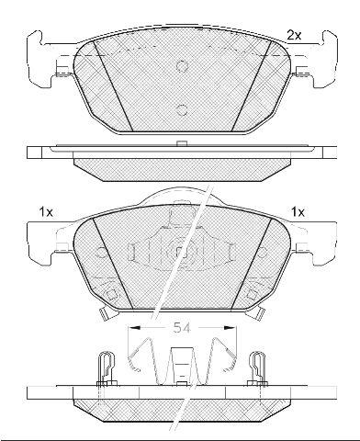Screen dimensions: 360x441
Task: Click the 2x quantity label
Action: click(x=294, y=36)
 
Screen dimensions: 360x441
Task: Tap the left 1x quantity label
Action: click(x=46, y=212)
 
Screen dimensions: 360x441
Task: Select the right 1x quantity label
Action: click(x=298, y=212)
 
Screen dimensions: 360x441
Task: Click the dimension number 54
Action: click(x=182, y=328)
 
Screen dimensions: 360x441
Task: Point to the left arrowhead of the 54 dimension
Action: click(x=134, y=328)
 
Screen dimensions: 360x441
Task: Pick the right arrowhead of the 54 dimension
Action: click(x=231, y=328)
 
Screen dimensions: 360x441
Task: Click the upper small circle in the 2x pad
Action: click(x=182, y=66)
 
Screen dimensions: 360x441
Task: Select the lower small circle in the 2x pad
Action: click(x=182, y=110)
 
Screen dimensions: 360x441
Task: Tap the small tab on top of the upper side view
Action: click(x=182, y=143)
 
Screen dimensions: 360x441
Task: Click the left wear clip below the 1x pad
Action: click(x=106, y=313)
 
